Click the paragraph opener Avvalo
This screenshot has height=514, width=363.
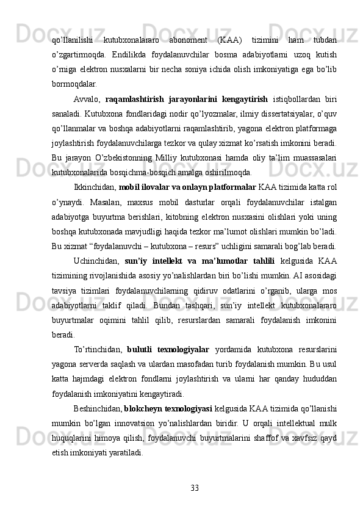click(x=86, y=99)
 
